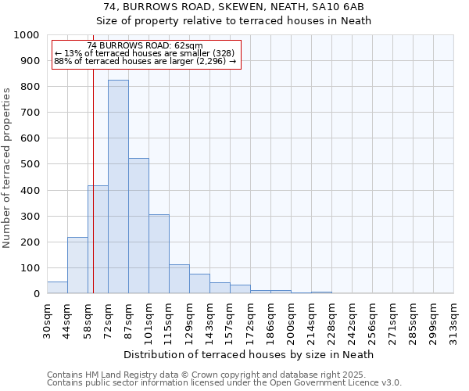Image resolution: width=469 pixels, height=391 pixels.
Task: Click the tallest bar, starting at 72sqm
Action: point(118,187)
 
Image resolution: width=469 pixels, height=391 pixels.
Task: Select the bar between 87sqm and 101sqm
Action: point(138,226)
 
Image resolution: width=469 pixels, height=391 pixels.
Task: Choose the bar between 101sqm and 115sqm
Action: point(159,254)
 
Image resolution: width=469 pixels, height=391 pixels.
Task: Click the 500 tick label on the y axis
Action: point(30,164)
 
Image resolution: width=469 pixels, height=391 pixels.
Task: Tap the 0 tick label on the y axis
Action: point(37,294)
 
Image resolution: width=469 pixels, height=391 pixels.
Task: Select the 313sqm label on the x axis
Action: point(453,319)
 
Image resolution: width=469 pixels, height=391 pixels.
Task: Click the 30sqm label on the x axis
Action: point(47,319)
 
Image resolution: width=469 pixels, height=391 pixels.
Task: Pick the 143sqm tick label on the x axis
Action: point(209,319)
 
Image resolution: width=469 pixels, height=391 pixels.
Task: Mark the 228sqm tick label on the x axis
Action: point(331,319)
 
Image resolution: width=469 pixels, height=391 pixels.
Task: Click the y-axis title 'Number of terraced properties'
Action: point(7,167)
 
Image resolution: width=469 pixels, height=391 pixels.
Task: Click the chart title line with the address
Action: point(234,7)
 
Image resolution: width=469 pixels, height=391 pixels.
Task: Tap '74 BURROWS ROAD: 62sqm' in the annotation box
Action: point(145,45)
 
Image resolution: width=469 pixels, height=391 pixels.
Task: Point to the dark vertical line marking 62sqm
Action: point(93,195)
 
